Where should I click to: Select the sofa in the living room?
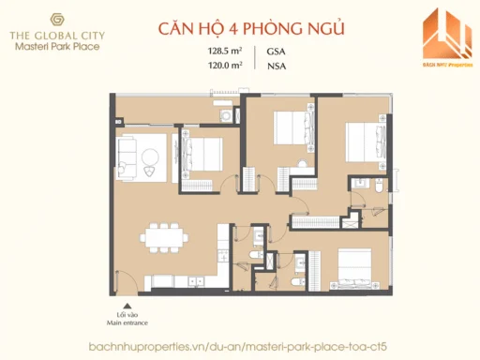(x=127, y=150)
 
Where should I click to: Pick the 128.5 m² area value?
(x=226, y=52)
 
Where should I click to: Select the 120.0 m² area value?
(x=226, y=66)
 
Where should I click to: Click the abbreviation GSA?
(x=278, y=52)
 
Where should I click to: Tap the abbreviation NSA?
(x=278, y=66)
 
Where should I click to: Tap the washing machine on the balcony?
(x=228, y=114)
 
